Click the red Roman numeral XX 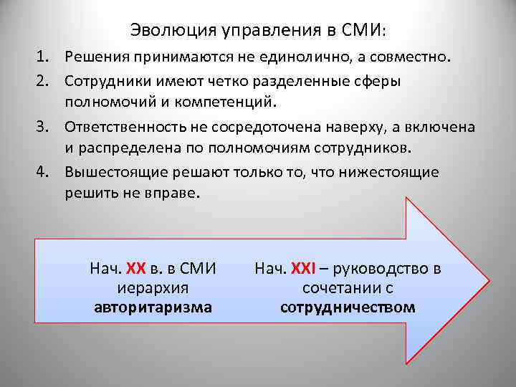point(136,269)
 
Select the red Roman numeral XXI point(302,269)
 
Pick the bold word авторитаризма point(153,307)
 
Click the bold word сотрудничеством point(348,307)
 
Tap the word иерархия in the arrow point(152,288)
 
